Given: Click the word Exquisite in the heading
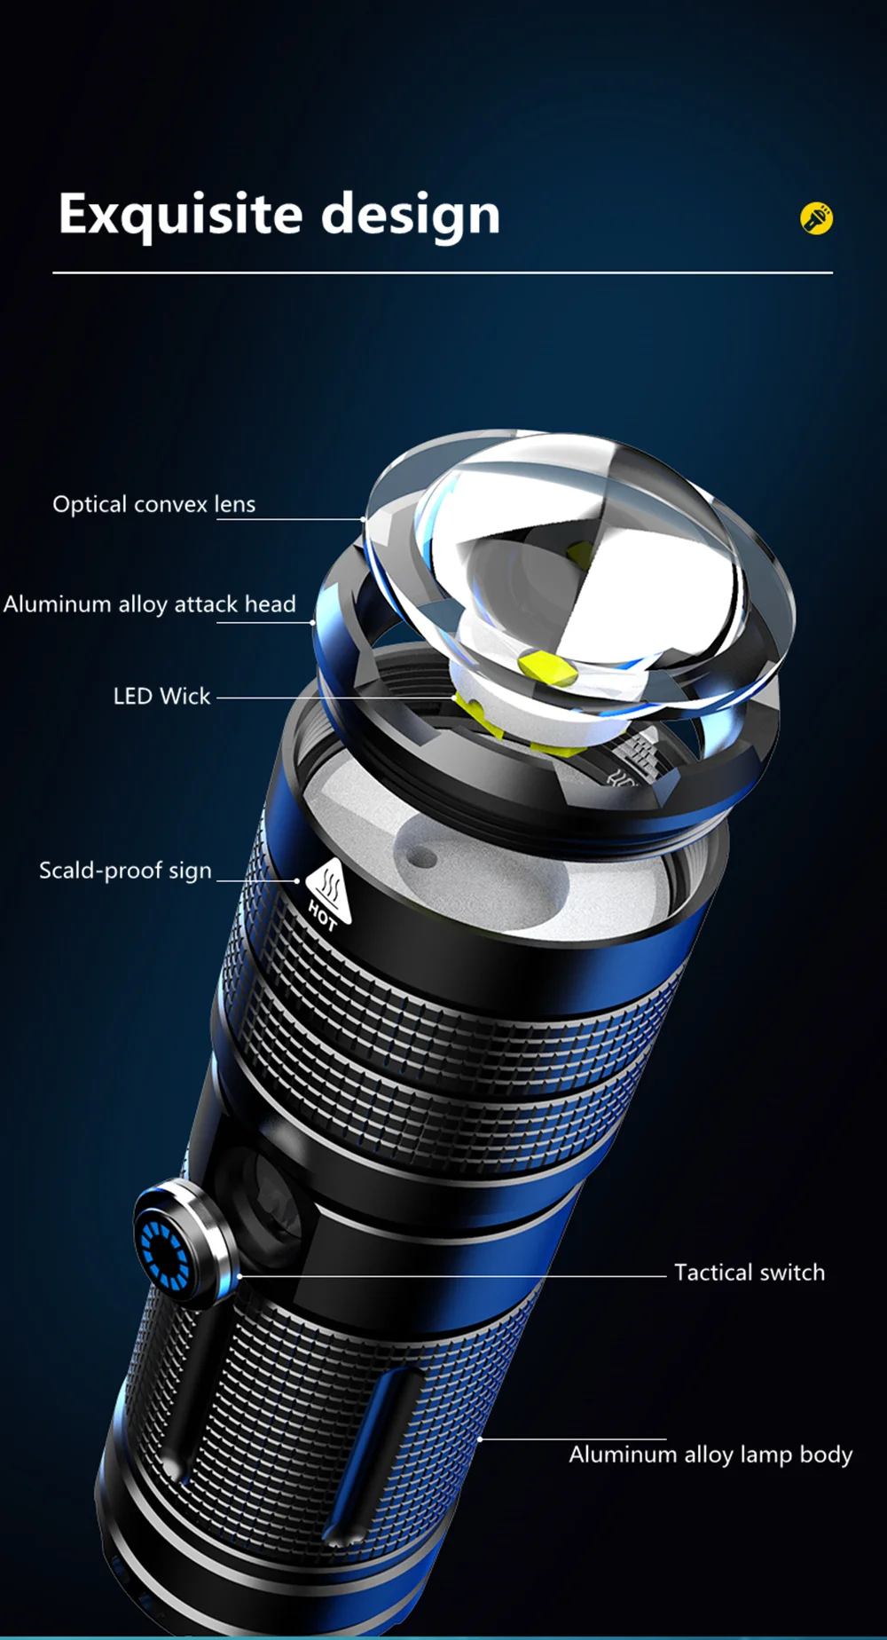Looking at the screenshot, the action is tap(181, 214).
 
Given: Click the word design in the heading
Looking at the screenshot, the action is tap(410, 214).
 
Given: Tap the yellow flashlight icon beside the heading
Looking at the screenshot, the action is tap(816, 218).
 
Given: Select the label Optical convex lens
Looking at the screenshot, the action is tap(154, 504).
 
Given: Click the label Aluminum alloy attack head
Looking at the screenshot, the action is tap(149, 604).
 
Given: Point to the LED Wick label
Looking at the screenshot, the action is tap(161, 696).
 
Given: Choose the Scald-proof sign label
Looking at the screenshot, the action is tap(125, 871).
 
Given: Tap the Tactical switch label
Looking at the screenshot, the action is tap(750, 1273).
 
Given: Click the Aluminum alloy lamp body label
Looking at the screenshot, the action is tap(710, 1455).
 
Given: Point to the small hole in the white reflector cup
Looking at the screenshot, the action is tap(423, 858).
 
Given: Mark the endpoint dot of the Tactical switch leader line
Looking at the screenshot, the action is tap(239, 1277).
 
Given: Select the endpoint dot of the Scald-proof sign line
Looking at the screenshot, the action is tap(297, 881).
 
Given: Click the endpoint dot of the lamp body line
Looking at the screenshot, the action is tap(480, 1439).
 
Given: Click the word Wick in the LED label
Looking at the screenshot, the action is tap(185, 696).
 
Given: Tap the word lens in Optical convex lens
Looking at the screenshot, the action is tap(234, 504).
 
